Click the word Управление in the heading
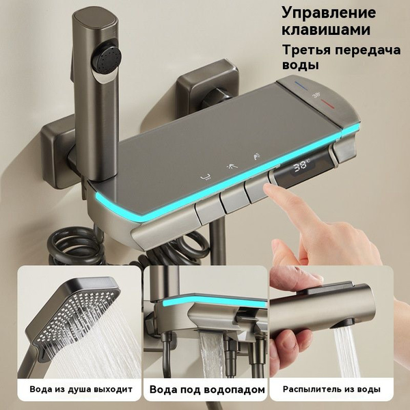329,13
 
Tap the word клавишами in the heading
326,29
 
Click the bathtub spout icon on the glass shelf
206,178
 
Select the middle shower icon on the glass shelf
232,166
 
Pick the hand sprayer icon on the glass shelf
256,156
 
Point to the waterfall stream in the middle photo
213,354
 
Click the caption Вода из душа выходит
81,389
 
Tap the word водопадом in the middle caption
234,389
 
